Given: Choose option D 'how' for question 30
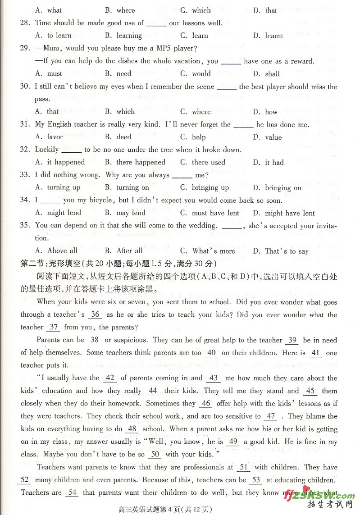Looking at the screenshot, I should [265, 112].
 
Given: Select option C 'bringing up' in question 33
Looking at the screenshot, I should [205, 187].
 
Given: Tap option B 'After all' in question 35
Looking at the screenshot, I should [123, 251].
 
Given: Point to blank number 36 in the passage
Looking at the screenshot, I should [95, 315].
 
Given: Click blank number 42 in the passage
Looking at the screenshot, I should [110, 378].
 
